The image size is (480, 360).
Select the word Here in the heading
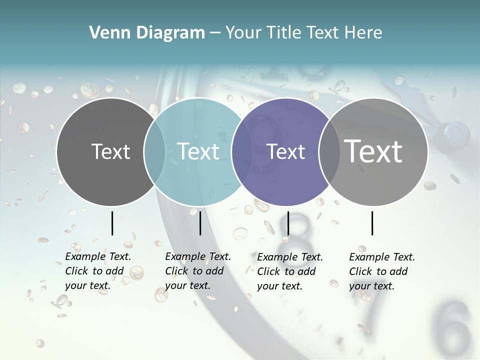(x=363, y=33)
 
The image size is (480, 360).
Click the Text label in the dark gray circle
(x=110, y=151)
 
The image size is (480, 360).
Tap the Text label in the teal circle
(x=198, y=151)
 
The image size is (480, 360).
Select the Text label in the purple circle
(x=286, y=151)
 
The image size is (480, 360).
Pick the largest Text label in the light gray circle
(x=373, y=151)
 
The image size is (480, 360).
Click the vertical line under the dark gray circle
(x=112, y=223)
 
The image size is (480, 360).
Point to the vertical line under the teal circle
(x=200, y=223)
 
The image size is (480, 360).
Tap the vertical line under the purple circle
(x=288, y=223)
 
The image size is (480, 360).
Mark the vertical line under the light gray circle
(x=372, y=223)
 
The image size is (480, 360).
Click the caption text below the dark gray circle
(x=97, y=271)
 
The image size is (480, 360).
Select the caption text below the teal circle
(x=197, y=271)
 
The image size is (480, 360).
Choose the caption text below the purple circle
(x=289, y=271)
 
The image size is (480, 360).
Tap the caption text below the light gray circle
(x=381, y=271)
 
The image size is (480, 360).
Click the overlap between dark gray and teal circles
(x=155, y=151)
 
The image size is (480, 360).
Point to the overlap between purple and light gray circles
(x=327, y=151)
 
